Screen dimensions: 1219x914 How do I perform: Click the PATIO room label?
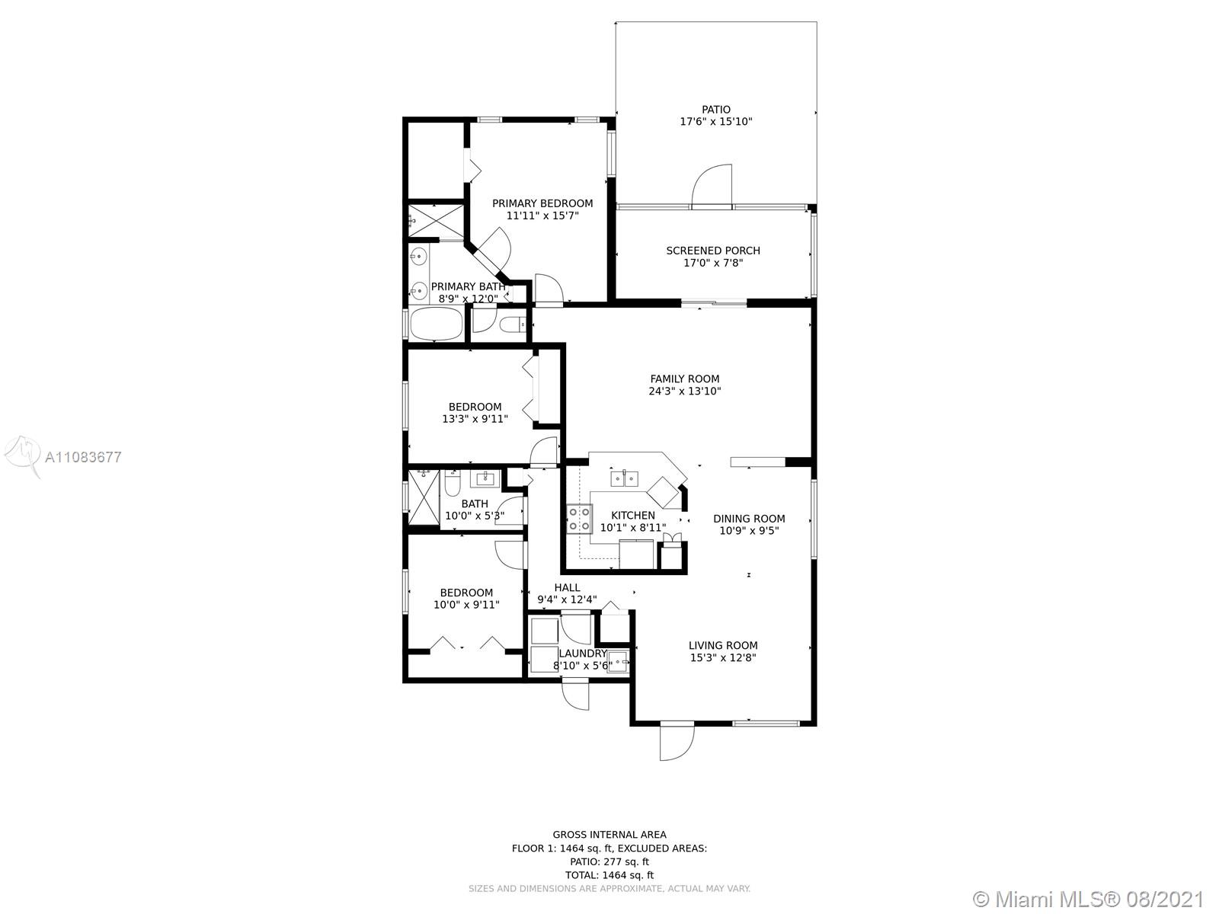pos(715,110)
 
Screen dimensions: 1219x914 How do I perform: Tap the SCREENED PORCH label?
pos(713,251)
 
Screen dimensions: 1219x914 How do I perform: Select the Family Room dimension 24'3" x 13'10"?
pos(685,391)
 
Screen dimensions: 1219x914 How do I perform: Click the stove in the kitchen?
pos(579,519)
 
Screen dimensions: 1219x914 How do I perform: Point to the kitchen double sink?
pos(624,478)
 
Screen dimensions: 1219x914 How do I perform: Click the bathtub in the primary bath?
pos(437,324)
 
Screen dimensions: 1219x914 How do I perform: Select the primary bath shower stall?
pos(436,222)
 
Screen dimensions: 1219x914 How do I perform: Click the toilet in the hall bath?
pos(452,484)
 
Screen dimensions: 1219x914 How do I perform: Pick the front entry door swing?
pos(677,742)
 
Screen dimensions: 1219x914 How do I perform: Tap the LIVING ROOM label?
pos(722,645)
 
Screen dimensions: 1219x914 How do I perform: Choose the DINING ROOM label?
pos(749,519)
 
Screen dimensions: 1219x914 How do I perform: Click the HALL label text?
pos(567,588)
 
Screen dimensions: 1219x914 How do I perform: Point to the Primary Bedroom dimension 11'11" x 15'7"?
pos(542,216)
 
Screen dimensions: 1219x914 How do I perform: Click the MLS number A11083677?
pos(83,457)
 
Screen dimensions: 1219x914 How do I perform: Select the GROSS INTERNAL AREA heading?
pos(609,835)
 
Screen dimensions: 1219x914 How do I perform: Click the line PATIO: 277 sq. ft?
pos(609,862)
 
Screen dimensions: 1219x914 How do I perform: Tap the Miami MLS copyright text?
pos(1089,899)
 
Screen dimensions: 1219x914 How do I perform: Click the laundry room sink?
pos(617,661)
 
